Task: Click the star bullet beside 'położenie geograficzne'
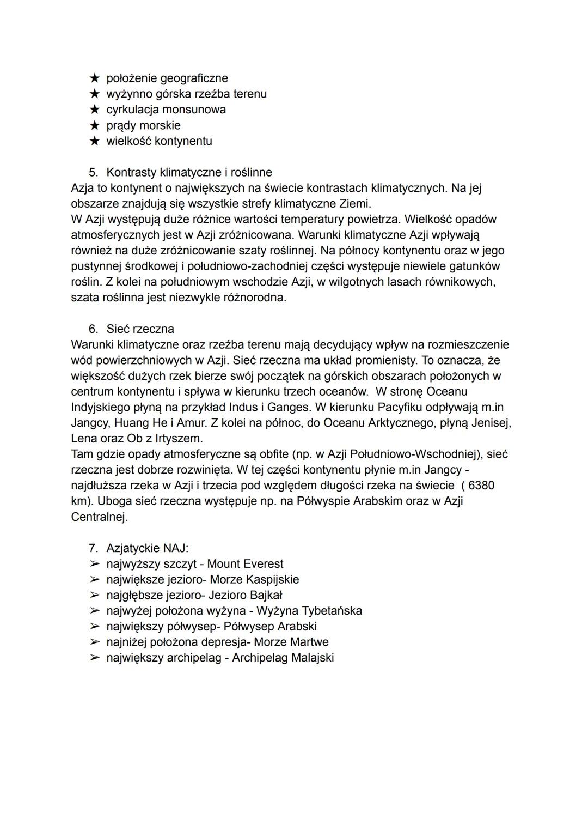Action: (x=95, y=78)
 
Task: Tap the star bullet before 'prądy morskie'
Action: (x=95, y=126)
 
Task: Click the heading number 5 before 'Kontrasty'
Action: (x=93, y=173)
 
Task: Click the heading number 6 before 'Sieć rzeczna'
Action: (x=93, y=329)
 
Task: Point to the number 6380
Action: (x=481, y=486)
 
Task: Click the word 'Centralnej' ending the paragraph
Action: (x=99, y=517)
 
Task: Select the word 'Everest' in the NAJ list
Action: (x=263, y=564)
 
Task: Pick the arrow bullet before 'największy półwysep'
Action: (x=95, y=627)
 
